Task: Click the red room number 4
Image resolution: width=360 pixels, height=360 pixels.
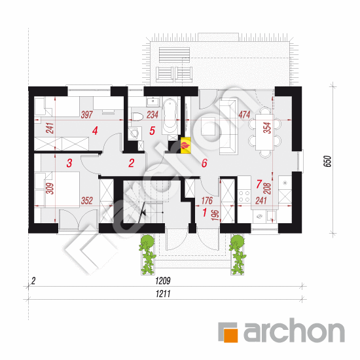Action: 95,131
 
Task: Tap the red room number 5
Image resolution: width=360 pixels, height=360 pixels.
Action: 152,131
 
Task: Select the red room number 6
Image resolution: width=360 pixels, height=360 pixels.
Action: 204,163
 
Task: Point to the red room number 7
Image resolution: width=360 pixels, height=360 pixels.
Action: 259,184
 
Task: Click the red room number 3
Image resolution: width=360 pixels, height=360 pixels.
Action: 69,163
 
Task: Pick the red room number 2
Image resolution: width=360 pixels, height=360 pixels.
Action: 131,163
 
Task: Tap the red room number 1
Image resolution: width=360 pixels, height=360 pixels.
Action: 205,212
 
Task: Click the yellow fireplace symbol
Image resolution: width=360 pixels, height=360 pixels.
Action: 185,145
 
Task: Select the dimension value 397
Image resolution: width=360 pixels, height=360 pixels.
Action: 86,115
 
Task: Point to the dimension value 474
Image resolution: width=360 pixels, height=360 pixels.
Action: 244,115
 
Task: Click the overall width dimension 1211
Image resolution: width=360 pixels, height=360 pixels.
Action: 163,294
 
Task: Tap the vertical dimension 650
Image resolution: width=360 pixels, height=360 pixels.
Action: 328,161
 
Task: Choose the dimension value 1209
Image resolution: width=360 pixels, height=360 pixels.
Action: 163,281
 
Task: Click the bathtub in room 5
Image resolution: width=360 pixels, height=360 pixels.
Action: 170,115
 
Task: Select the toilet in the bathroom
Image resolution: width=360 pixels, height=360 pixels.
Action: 137,117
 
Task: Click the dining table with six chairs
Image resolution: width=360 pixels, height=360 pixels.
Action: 264,132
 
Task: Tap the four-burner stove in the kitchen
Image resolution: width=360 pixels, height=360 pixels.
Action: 244,196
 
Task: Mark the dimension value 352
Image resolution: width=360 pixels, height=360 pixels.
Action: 87,201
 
